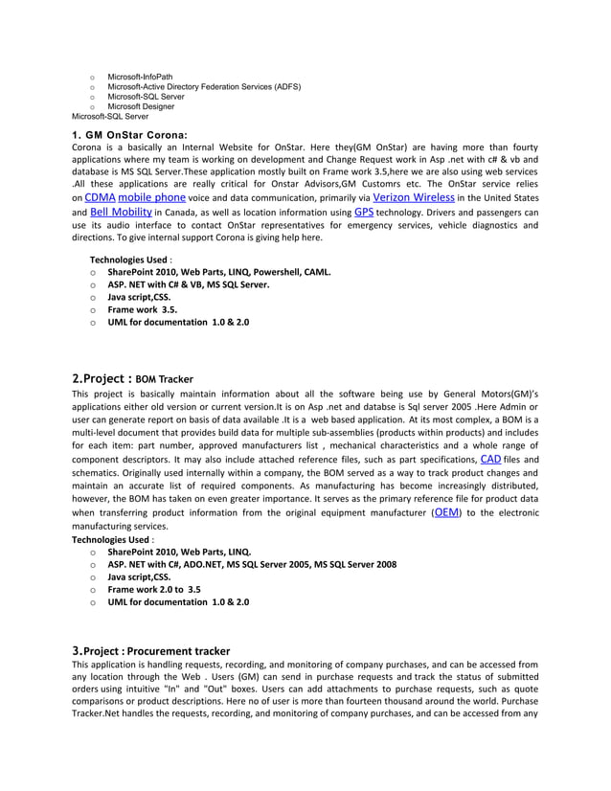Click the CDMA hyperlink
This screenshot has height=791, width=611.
[100, 197]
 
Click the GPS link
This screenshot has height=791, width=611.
[364, 212]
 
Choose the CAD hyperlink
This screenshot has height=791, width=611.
[490, 460]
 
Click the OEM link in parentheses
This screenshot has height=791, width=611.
[446, 513]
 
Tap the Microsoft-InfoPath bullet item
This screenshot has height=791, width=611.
[140, 76]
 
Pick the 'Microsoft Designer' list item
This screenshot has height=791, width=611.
[141, 106]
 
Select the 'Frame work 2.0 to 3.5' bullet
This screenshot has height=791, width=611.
[154, 590]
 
